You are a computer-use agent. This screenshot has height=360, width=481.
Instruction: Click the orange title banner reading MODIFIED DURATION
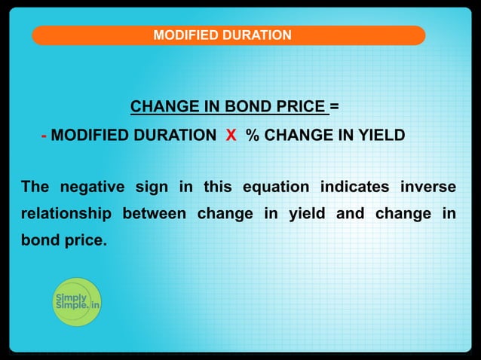[x=228, y=35]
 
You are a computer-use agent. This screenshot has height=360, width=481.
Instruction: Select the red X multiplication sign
[x=231, y=136]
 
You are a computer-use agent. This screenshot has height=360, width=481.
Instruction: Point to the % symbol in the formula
[x=253, y=136]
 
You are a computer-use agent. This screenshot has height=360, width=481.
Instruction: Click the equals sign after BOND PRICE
[x=334, y=106]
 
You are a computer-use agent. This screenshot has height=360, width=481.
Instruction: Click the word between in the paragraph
[x=154, y=215]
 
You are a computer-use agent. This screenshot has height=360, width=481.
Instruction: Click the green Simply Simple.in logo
[x=76, y=302]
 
